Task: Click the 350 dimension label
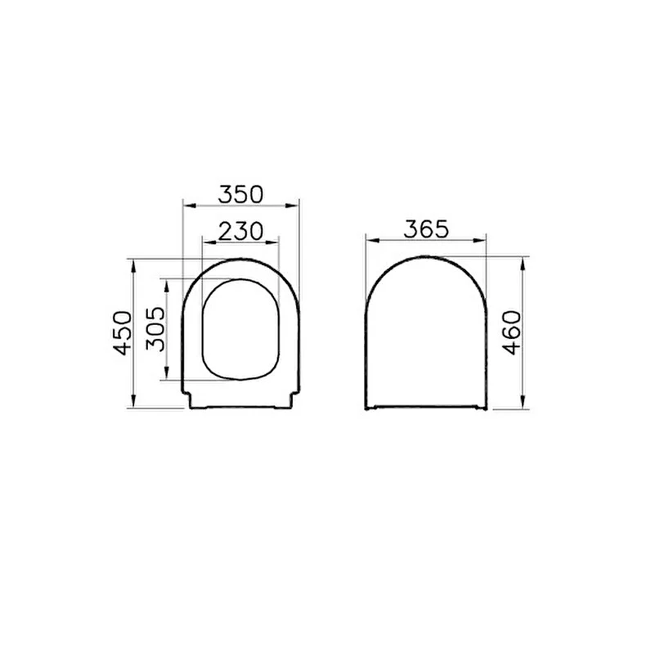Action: point(241,195)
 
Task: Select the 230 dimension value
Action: point(241,231)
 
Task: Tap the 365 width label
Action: point(426,229)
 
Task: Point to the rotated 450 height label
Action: point(123,333)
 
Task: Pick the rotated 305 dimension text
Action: point(155,329)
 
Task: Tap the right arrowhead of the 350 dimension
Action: point(292,205)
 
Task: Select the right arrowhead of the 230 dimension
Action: point(272,242)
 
